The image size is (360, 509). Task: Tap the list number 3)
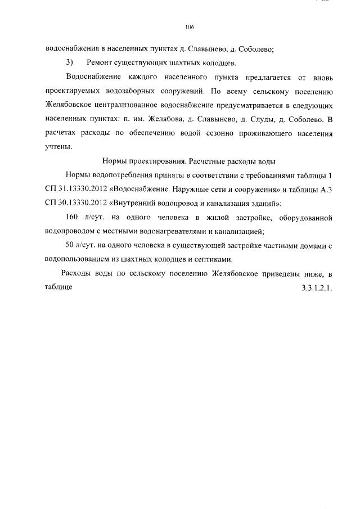pos(70,62)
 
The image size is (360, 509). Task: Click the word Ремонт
pos(101,62)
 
